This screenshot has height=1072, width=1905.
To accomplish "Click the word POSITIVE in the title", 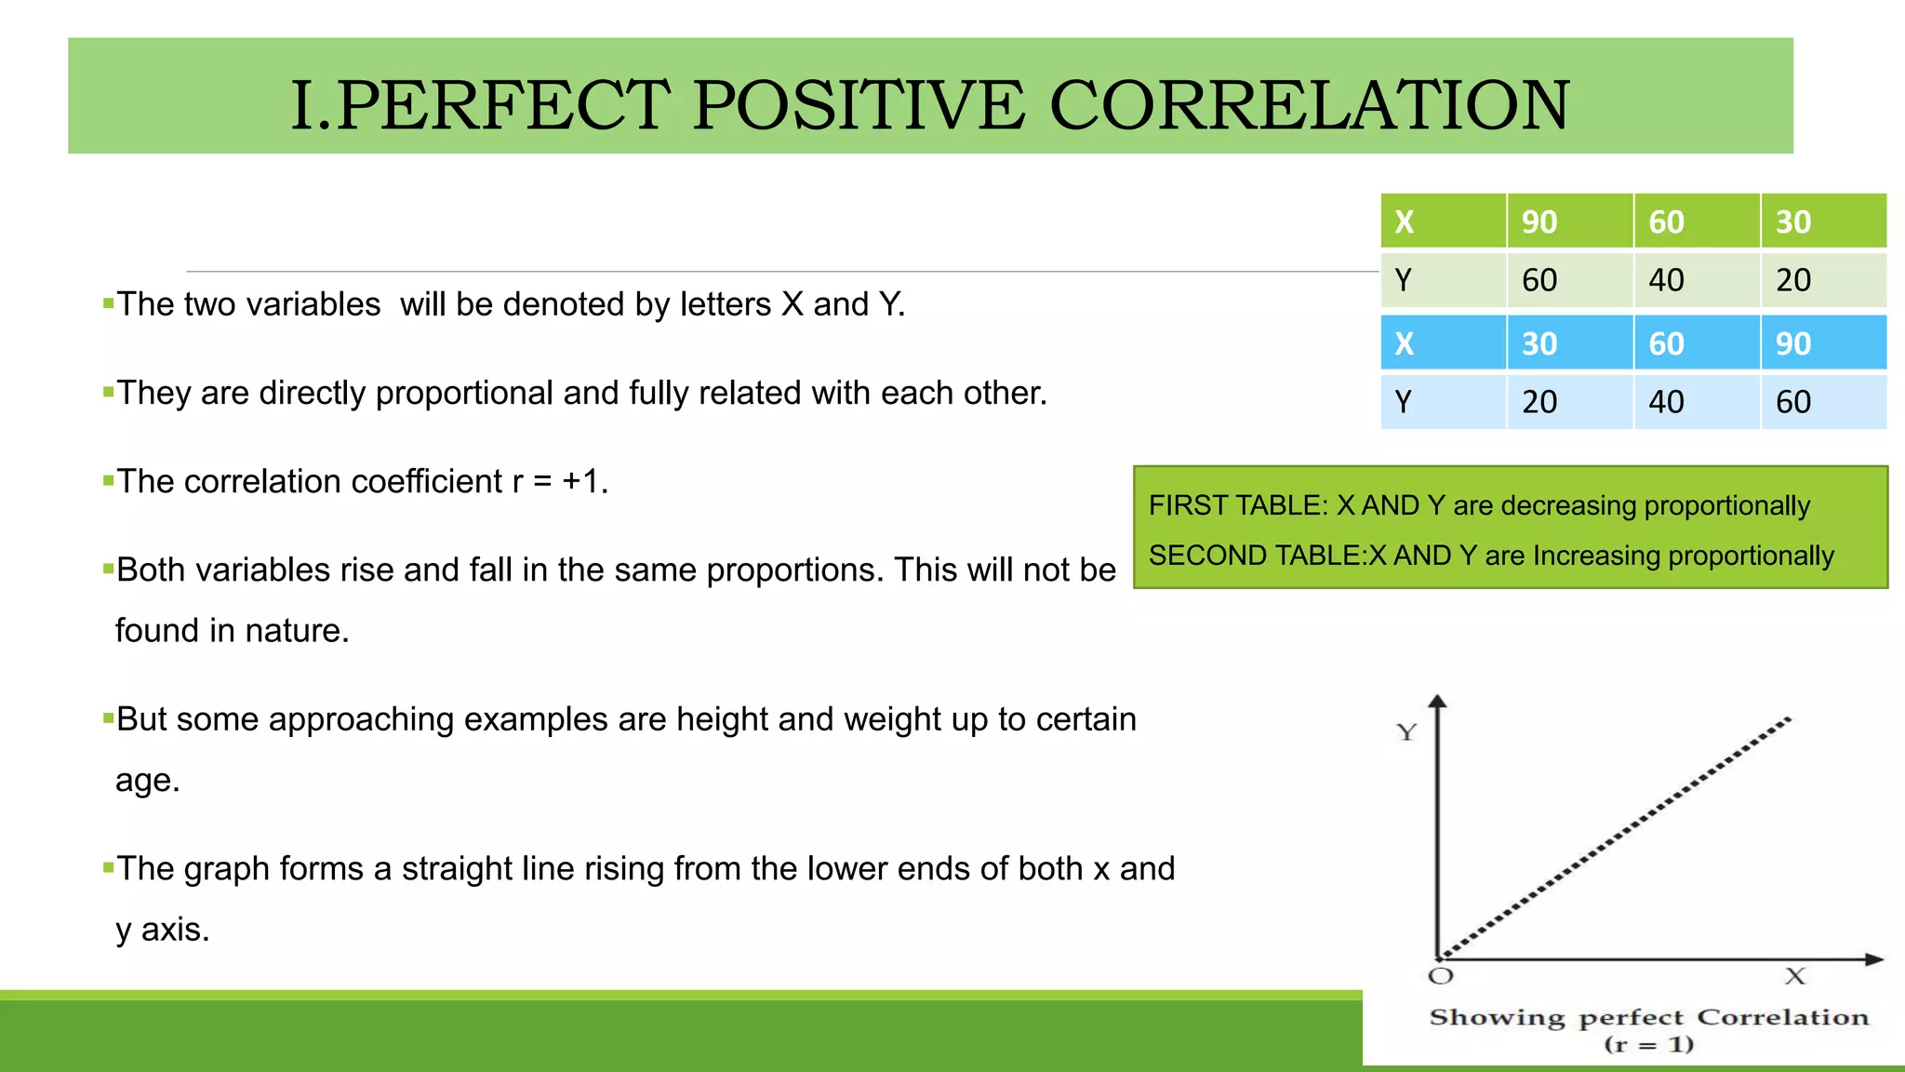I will (858, 104).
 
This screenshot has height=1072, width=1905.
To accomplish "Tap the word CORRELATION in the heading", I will (1309, 104).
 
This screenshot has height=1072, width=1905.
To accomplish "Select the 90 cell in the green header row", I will (1539, 222).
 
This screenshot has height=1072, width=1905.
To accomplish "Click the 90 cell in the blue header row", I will (1792, 344).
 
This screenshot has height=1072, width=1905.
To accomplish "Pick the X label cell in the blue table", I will (1405, 344).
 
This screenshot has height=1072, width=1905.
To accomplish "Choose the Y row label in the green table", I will (1404, 280).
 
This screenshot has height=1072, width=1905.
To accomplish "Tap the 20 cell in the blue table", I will (1539, 402).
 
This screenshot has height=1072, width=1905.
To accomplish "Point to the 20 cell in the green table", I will (1792, 280).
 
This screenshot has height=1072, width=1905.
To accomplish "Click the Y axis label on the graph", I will (1406, 732).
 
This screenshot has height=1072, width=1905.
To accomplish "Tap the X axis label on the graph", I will (1794, 976).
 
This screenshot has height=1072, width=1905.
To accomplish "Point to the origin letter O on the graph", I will (1440, 976).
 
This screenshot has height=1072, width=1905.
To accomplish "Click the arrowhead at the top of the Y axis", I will (1438, 702).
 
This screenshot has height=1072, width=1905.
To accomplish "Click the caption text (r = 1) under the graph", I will (1649, 1044).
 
